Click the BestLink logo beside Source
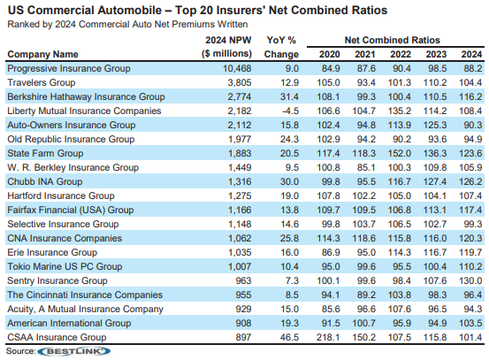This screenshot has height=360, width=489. coord(73,351)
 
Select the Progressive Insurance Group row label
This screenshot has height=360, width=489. coord(69,69)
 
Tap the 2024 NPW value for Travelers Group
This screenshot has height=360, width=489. coord(240,82)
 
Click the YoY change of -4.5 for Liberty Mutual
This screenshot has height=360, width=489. coord(290,111)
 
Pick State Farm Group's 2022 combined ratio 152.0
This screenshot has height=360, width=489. coord(400,154)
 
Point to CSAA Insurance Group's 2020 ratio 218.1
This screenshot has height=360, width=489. coord(328,338)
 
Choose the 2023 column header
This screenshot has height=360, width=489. coord(436,54)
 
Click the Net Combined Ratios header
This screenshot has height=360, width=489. coord(392,40)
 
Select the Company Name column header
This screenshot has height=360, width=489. coord(42,54)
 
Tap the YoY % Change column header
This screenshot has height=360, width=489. coord(281,47)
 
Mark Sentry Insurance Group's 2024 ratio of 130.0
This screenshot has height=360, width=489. coord(470,280)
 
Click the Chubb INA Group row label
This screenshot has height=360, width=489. coord(45,181)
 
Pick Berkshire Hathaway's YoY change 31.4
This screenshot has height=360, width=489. coord(289,96)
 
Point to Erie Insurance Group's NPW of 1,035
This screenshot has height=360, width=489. coord(240,252)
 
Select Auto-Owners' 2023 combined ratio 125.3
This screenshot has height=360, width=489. coord(435,125)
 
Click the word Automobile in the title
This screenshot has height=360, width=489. coord(129,11)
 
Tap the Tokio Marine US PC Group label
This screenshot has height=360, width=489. coord(65,267)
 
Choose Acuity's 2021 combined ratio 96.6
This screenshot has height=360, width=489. coord(366,310)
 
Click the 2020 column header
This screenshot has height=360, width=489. coord(329,54)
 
